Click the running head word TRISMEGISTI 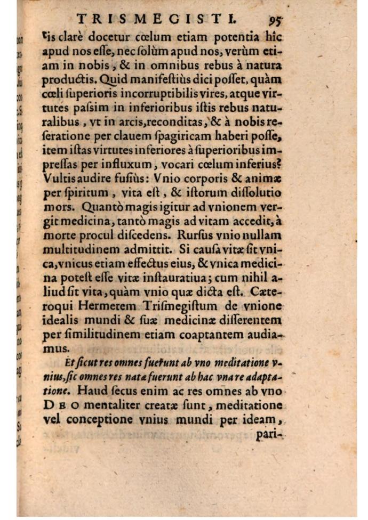157,20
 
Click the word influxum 119,166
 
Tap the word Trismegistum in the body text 172,310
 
